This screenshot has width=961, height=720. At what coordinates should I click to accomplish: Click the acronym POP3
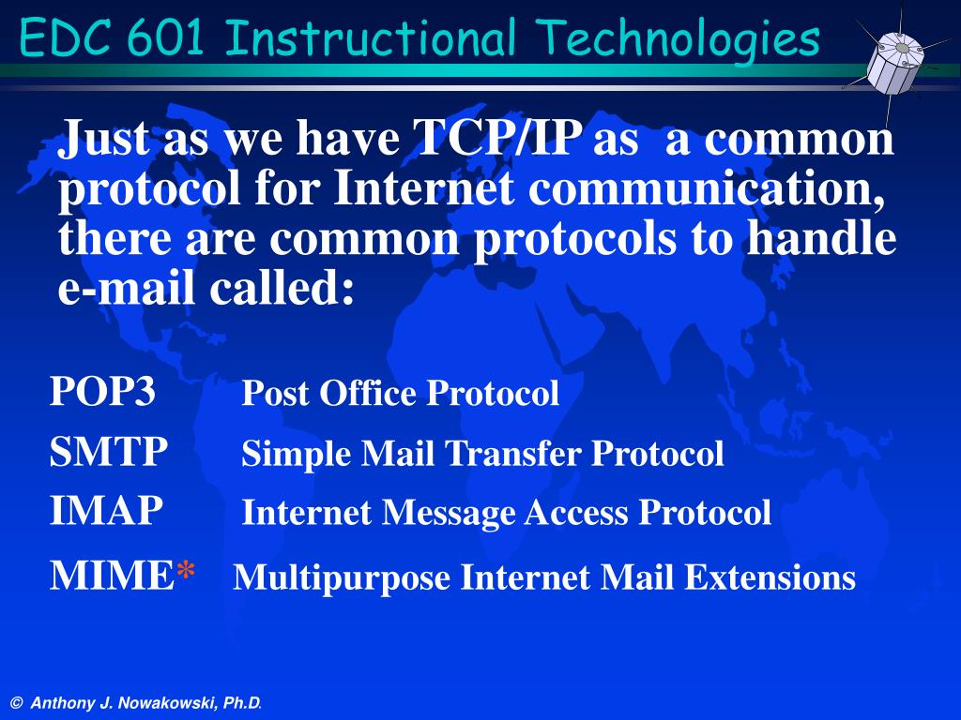(102, 390)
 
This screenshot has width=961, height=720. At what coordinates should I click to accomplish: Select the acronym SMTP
(109, 451)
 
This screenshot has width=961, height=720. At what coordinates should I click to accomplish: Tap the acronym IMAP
(106, 510)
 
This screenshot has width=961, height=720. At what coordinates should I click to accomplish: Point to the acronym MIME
(113, 576)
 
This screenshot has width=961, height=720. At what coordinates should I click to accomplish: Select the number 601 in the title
(165, 37)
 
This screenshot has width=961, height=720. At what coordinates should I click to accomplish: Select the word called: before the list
(282, 287)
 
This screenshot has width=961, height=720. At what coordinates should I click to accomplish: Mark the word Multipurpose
(342, 578)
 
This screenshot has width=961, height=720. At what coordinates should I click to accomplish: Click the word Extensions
(770, 577)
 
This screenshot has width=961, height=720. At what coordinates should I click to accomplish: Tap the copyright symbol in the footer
(17, 703)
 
